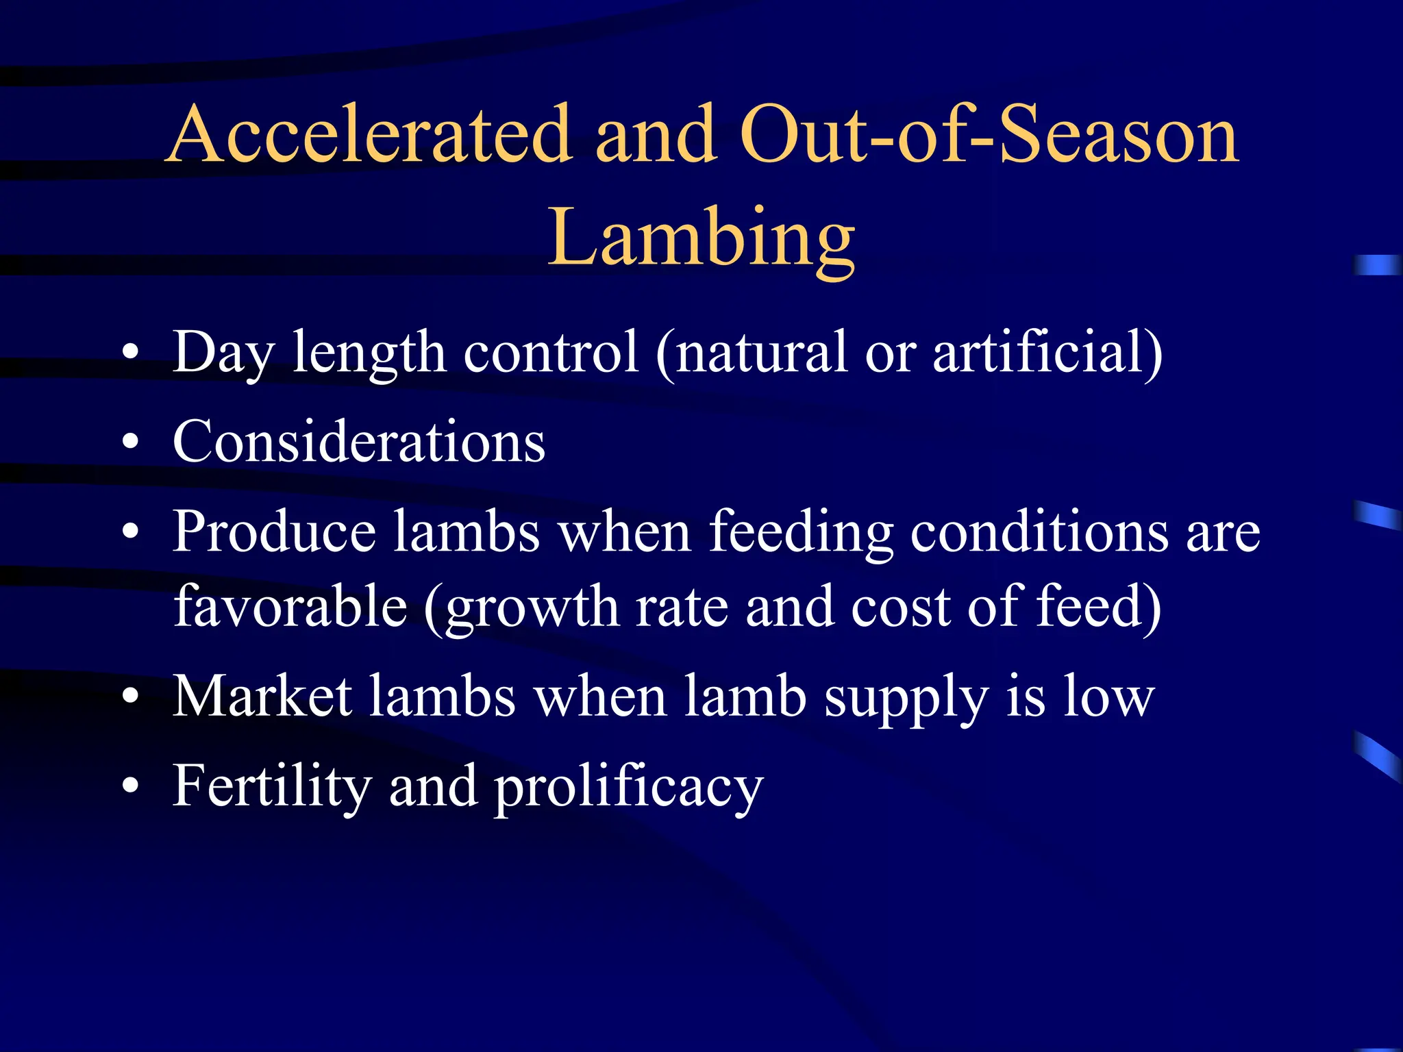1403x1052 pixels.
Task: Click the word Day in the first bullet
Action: tap(223, 353)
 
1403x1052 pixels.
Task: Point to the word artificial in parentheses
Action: tap(1047, 352)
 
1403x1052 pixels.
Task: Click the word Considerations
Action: tap(359, 442)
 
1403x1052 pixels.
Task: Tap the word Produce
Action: tap(274, 532)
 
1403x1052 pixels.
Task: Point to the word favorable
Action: tap(290, 607)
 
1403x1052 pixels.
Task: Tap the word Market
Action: tap(262, 697)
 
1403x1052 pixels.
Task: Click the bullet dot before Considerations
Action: tap(130, 442)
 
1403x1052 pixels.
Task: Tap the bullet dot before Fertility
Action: tap(130, 786)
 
